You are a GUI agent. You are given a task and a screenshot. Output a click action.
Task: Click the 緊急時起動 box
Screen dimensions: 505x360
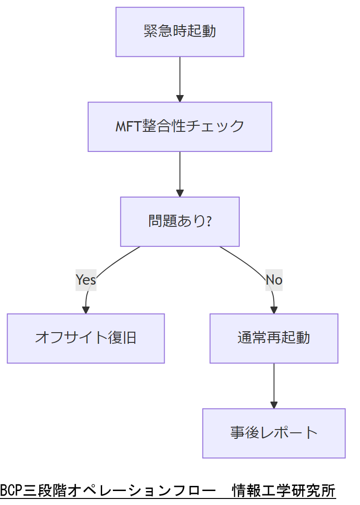tap(180, 32)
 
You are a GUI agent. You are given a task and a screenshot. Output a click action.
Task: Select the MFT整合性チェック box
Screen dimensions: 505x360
tap(180, 127)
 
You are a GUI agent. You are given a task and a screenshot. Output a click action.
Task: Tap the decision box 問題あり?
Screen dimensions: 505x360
tap(180, 221)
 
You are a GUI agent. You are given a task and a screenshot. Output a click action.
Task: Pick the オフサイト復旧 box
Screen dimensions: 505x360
tap(86, 338)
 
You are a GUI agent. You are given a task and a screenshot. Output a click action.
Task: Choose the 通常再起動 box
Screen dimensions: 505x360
tap(274, 338)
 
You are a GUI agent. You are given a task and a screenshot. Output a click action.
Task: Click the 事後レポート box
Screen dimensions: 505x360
tap(274, 433)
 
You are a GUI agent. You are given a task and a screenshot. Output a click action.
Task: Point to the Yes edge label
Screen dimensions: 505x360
tap(86, 280)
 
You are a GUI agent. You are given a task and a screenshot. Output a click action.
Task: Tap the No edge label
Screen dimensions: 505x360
tap(274, 280)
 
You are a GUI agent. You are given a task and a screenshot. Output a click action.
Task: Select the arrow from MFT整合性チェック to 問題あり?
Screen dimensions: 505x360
tap(180, 173)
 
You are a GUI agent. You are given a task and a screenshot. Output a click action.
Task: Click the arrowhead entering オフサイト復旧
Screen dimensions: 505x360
tap(86, 310)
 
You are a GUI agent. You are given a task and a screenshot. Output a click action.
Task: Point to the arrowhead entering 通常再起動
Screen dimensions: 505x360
tap(274, 310)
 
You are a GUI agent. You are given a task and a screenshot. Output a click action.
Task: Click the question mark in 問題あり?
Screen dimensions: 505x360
tap(208, 221)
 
